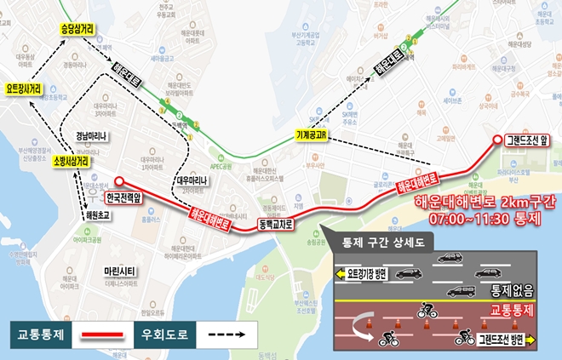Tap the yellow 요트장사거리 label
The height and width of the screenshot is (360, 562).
coord(29,88)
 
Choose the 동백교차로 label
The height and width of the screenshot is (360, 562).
coord(275,225)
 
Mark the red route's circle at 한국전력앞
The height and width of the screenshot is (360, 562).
coord(119,180)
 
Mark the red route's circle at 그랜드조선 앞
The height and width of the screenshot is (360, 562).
coord(498,141)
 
